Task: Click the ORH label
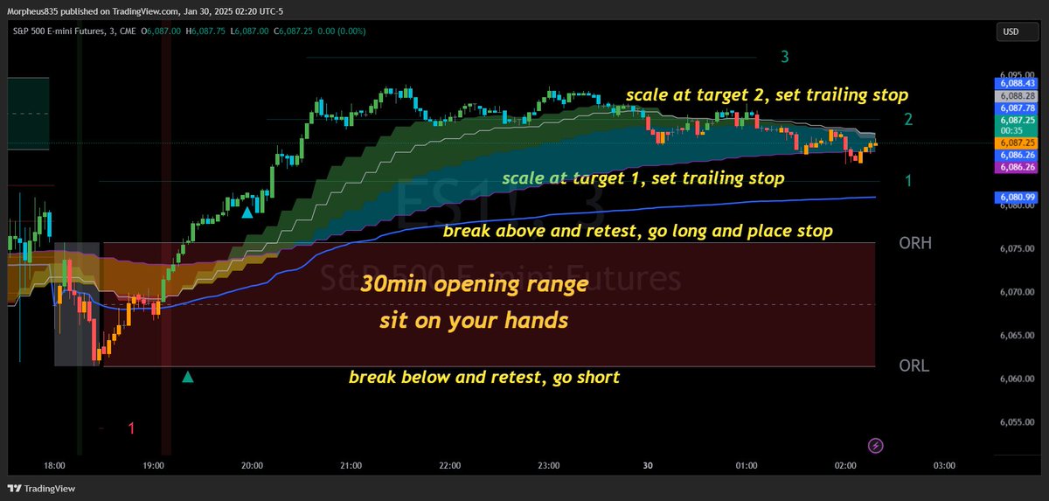coord(915,244)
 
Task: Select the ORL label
coord(914,365)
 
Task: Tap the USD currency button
coord(1011,32)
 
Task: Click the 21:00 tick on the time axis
coord(351,466)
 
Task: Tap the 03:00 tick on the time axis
coord(944,466)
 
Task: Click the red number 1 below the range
coord(131,428)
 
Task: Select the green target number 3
coord(785,58)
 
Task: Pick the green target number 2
coord(909,120)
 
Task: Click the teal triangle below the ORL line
coord(187,377)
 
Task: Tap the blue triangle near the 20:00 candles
coord(247,212)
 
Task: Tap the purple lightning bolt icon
coord(877,446)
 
